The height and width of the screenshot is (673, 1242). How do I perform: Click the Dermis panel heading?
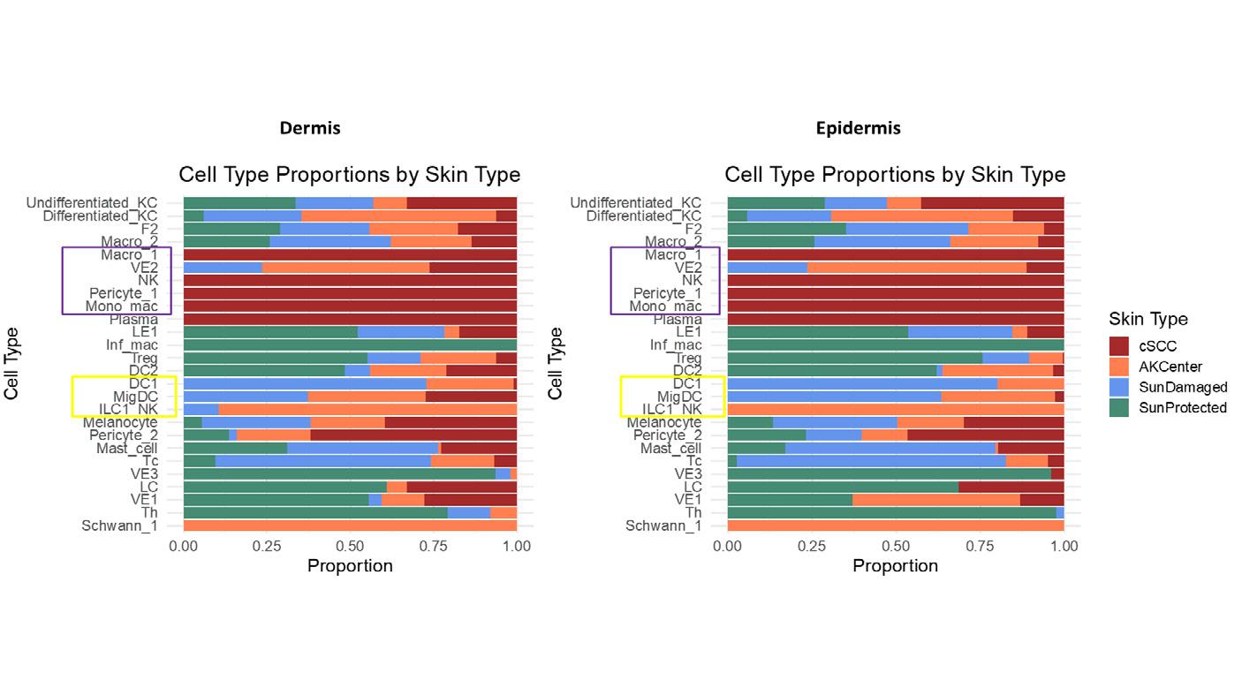point(310,128)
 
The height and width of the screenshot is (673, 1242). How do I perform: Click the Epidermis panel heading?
point(858,128)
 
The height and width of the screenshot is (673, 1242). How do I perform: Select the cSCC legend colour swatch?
point(1119,345)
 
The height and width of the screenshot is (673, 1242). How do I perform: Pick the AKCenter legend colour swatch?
point(1119,366)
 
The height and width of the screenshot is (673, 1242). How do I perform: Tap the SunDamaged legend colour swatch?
point(1119,387)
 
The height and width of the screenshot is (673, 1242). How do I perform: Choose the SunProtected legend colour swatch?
point(1119,407)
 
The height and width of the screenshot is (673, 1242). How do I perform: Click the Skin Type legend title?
point(1148,319)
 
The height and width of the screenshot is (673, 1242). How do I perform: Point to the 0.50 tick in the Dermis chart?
point(350,546)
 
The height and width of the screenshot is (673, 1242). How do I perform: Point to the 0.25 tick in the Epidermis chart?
point(812,546)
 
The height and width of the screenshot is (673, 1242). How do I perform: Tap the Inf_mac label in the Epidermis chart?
point(676,345)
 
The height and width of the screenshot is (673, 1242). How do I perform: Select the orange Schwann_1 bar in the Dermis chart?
point(350,526)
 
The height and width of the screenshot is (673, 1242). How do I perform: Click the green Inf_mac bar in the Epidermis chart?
point(896,345)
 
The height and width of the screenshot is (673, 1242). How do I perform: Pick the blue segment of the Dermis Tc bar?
point(322,461)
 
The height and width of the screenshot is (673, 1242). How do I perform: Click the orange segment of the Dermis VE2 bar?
point(345,268)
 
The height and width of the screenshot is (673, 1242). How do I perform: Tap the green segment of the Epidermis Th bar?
point(890,513)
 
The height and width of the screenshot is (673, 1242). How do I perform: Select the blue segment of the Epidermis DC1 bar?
point(862,384)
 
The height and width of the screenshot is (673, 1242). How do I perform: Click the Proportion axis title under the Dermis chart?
point(350,566)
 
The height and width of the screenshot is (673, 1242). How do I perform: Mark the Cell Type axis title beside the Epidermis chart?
point(556,363)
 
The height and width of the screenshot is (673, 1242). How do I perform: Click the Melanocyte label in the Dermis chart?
point(120,423)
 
